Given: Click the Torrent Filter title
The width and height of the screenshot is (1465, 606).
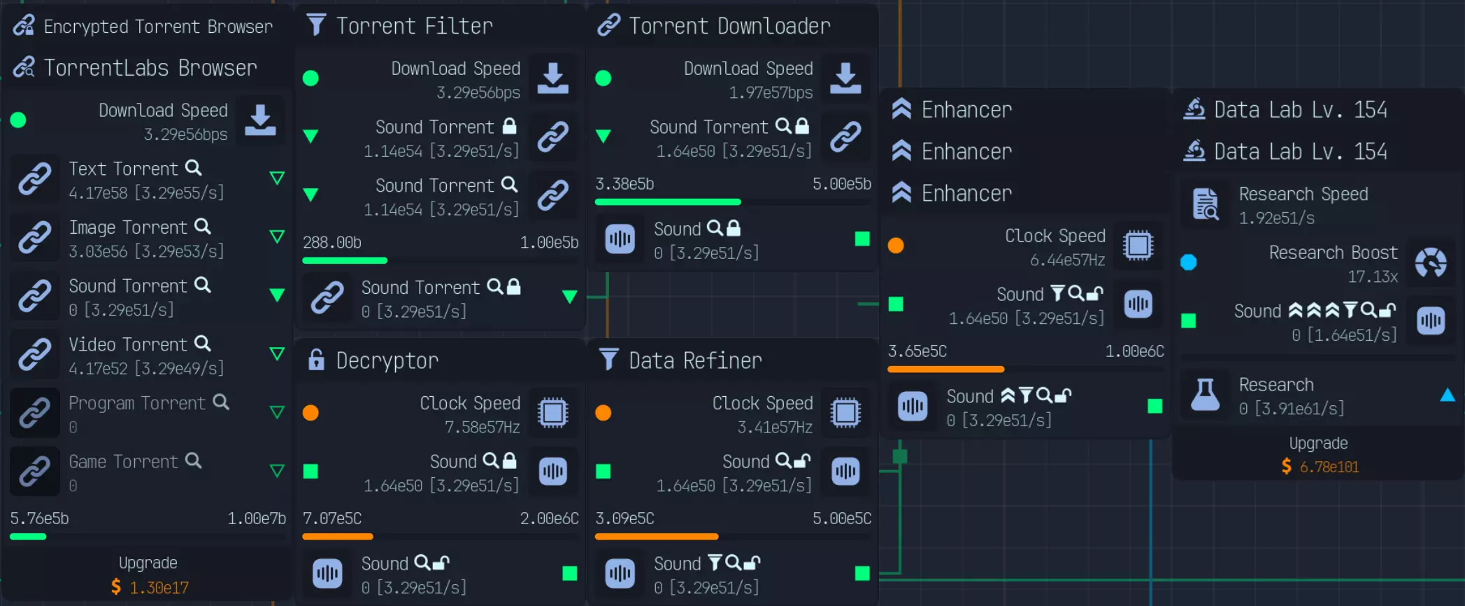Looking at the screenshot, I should (x=414, y=27).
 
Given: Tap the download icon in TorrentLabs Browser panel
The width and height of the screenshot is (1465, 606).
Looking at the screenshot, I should (x=260, y=120).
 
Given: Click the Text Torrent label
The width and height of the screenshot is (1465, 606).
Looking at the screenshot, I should (x=124, y=169).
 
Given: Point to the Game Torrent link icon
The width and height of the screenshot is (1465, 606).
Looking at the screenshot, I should (x=34, y=472).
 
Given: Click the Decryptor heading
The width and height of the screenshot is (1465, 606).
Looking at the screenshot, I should (x=387, y=360).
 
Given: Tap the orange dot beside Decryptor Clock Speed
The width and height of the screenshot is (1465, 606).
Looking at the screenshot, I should (x=310, y=413).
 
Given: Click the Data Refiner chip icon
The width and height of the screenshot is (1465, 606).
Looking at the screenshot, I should (x=845, y=413).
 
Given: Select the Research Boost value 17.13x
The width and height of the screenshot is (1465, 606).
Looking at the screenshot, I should (x=1372, y=276).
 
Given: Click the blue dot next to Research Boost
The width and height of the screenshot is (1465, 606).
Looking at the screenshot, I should (x=1188, y=262).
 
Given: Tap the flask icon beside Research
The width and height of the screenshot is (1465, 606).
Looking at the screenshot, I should (x=1205, y=395).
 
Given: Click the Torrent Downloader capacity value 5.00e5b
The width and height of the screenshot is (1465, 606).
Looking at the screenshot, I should (x=841, y=184).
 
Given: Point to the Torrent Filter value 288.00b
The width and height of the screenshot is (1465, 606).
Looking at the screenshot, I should (x=332, y=243).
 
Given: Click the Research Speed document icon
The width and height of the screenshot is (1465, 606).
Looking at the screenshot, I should (x=1205, y=204).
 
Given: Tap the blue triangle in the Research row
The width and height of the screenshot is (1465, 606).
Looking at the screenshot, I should (x=1447, y=395).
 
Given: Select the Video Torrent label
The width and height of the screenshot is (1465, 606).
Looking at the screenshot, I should (x=128, y=344).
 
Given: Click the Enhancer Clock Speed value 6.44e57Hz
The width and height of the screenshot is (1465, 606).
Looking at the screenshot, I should (x=1067, y=260).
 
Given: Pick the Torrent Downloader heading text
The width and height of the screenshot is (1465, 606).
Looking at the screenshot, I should (x=729, y=27).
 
